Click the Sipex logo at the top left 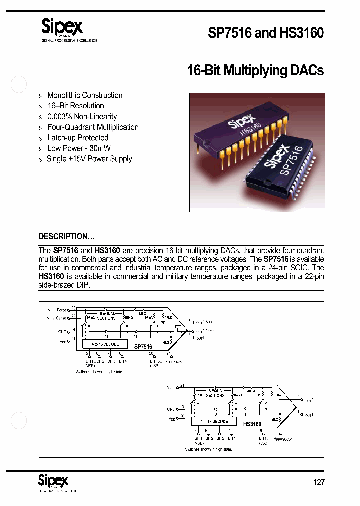pyautogui.click(x=61, y=28)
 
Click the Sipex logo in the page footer pyautogui.click(x=53, y=481)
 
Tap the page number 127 pyautogui.click(x=318, y=482)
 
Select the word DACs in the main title pyautogui.click(x=306, y=70)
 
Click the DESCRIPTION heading pyautogui.click(x=66, y=236)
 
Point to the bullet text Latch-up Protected pyautogui.click(x=77, y=138)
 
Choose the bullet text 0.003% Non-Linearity pyautogui.click(x=82, y=116)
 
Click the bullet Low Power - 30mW pyautogui.click(x=79, y=148)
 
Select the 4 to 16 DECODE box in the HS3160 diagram pyautogui.click(x=214, y=421)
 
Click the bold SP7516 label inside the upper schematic pyautogui.click(x=143, y=346)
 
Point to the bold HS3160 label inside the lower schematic pyautogui.click(x=253, y=424)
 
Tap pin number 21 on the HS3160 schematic pyautogui.click(x=182, y=386)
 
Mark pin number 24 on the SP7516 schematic pyautogui.click(x=168, y=354)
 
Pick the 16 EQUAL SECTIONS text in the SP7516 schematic pyautogui.click(x=106, y=315)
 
